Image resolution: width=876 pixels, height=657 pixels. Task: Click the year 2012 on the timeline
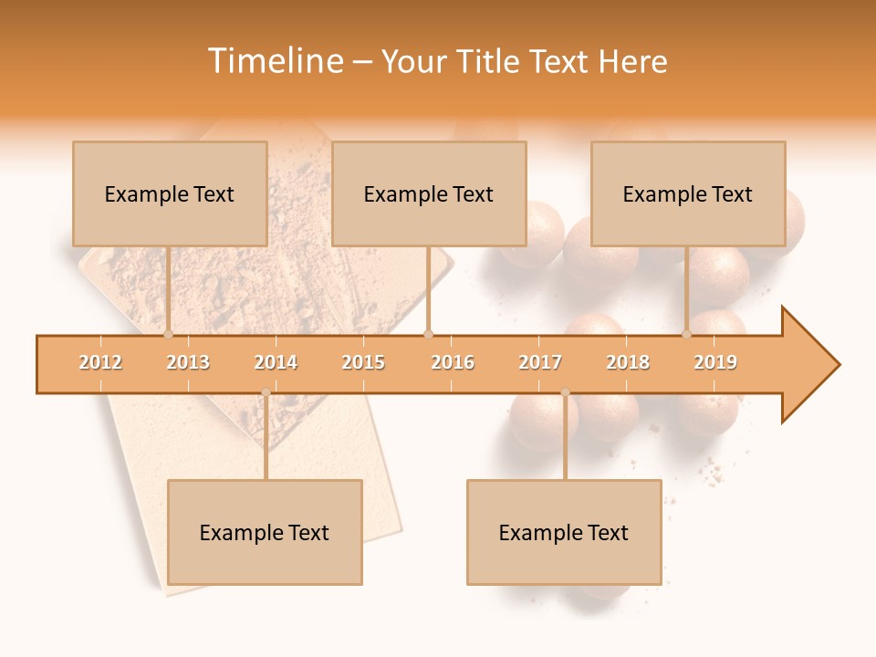[100, 363]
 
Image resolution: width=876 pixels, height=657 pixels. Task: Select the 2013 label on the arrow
[188, 363]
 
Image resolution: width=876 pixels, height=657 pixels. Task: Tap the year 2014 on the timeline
[276, 363]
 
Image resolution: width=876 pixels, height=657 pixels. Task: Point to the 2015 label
[363, 363]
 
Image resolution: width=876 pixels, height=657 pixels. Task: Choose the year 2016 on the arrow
[453, 363]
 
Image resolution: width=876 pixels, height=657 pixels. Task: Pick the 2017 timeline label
[540, 363]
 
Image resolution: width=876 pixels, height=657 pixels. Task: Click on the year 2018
[628, 363]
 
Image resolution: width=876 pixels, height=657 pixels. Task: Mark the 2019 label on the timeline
[715, 363]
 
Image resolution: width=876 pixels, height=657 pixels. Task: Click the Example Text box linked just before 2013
[170, 193]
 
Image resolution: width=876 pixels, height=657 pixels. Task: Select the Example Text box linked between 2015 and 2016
[429, 193]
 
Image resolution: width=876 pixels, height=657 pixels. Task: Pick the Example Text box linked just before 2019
[688, 193]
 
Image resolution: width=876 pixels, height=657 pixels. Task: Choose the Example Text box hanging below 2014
[265, 532]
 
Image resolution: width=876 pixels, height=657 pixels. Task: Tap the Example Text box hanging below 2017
[564, 532]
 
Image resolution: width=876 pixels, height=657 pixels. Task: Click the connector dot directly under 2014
[266, 392]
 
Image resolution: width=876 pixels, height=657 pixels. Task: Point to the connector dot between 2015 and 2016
[429, 335]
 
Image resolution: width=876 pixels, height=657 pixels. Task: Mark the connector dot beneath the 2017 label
[565, 392]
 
